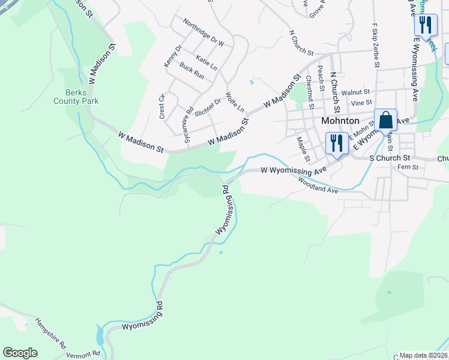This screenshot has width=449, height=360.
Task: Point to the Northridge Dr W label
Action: [203, 35]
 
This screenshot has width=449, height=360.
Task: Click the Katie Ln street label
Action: [206, 61]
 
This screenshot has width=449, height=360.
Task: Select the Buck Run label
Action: [192, 72]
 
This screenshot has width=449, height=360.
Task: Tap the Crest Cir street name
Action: [162, 106]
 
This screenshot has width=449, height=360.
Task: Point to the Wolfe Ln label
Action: [235, 102]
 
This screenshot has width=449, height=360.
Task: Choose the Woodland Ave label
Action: [318, 185]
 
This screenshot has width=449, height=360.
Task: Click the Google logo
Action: [20, 353]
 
